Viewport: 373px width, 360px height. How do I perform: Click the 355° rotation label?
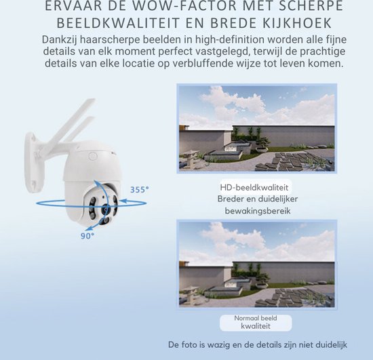pos(140,191)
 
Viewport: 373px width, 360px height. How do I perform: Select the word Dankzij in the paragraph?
pos(62,39)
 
